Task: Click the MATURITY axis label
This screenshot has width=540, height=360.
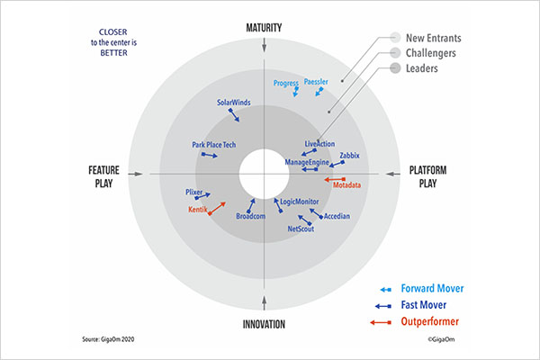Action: pos(264,28)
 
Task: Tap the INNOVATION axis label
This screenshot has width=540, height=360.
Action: pos(264,324)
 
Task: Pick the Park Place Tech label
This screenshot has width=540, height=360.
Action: pos(214,144)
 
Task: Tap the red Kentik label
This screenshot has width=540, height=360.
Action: pos(198,211)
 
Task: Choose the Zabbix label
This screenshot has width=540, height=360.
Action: pos(349,156)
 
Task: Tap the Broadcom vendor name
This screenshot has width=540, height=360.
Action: pos(251,217)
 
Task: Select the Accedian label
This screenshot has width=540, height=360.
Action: pos(336,217)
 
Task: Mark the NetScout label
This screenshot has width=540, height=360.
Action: pos(301,229)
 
